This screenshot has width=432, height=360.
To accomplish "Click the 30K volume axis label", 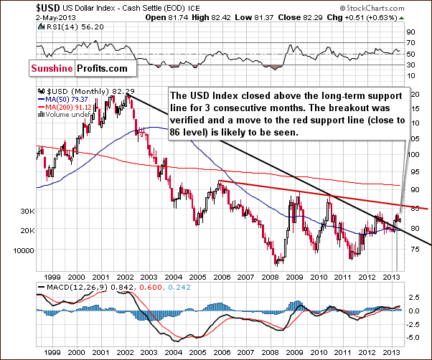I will coord(27,212).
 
